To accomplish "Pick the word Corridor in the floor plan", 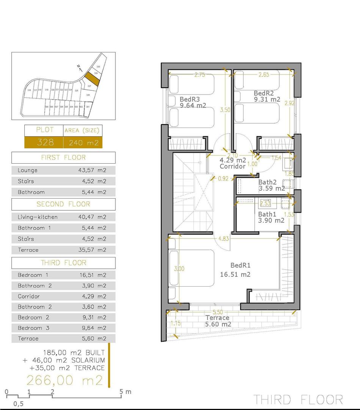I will (233, 166).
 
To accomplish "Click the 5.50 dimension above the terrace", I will (218, 312).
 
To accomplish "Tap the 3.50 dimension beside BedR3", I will (225, 110).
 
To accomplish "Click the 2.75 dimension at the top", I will (200, 75).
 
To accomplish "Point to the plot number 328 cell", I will (44, 142).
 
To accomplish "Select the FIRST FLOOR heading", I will (63, 158).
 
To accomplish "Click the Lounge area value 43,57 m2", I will (90, 170).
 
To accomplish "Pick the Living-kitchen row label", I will (38, 217).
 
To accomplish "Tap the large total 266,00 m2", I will (64, 380).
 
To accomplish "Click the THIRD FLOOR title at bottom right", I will (298, 399).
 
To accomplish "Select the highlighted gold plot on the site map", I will (91, 79).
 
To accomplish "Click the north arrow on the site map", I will (79, 68).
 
